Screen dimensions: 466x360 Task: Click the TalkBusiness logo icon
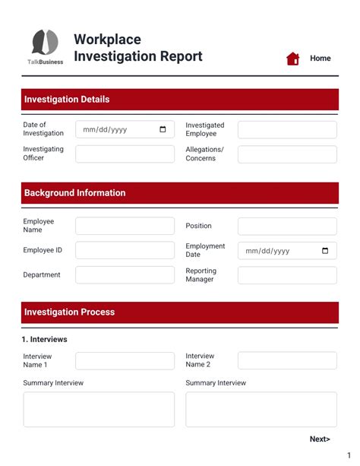tap(46, 43)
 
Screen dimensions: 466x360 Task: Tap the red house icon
tap(292, 59)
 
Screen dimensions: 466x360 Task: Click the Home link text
tap(320, 59)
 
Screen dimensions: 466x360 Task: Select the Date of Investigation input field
tap(118, 129)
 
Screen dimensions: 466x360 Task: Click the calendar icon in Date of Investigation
tap(163, 129)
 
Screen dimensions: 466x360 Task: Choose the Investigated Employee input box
tap(287, 129)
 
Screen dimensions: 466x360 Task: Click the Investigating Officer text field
tap(125, 154)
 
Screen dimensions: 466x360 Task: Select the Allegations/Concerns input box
tap(287, 154)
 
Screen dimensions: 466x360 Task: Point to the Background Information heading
tap(74, 193)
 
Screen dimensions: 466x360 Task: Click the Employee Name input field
tap(125, 226)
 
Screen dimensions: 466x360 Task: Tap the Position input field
tap(287, 226)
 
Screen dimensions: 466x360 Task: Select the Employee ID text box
tap(125, 250)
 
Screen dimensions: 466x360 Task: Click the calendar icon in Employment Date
tap(325, 251)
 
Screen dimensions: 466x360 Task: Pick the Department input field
tap(125, 274)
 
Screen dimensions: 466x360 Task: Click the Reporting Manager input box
tap(287, 274)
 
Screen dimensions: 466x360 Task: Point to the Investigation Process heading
tap(69, 312)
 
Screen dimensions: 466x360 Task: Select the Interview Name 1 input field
tap(125, 360)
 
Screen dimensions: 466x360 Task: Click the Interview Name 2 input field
tap(287, 360)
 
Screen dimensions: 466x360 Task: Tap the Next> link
tap(320, 439)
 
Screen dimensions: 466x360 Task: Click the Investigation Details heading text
tap(67, 100)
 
